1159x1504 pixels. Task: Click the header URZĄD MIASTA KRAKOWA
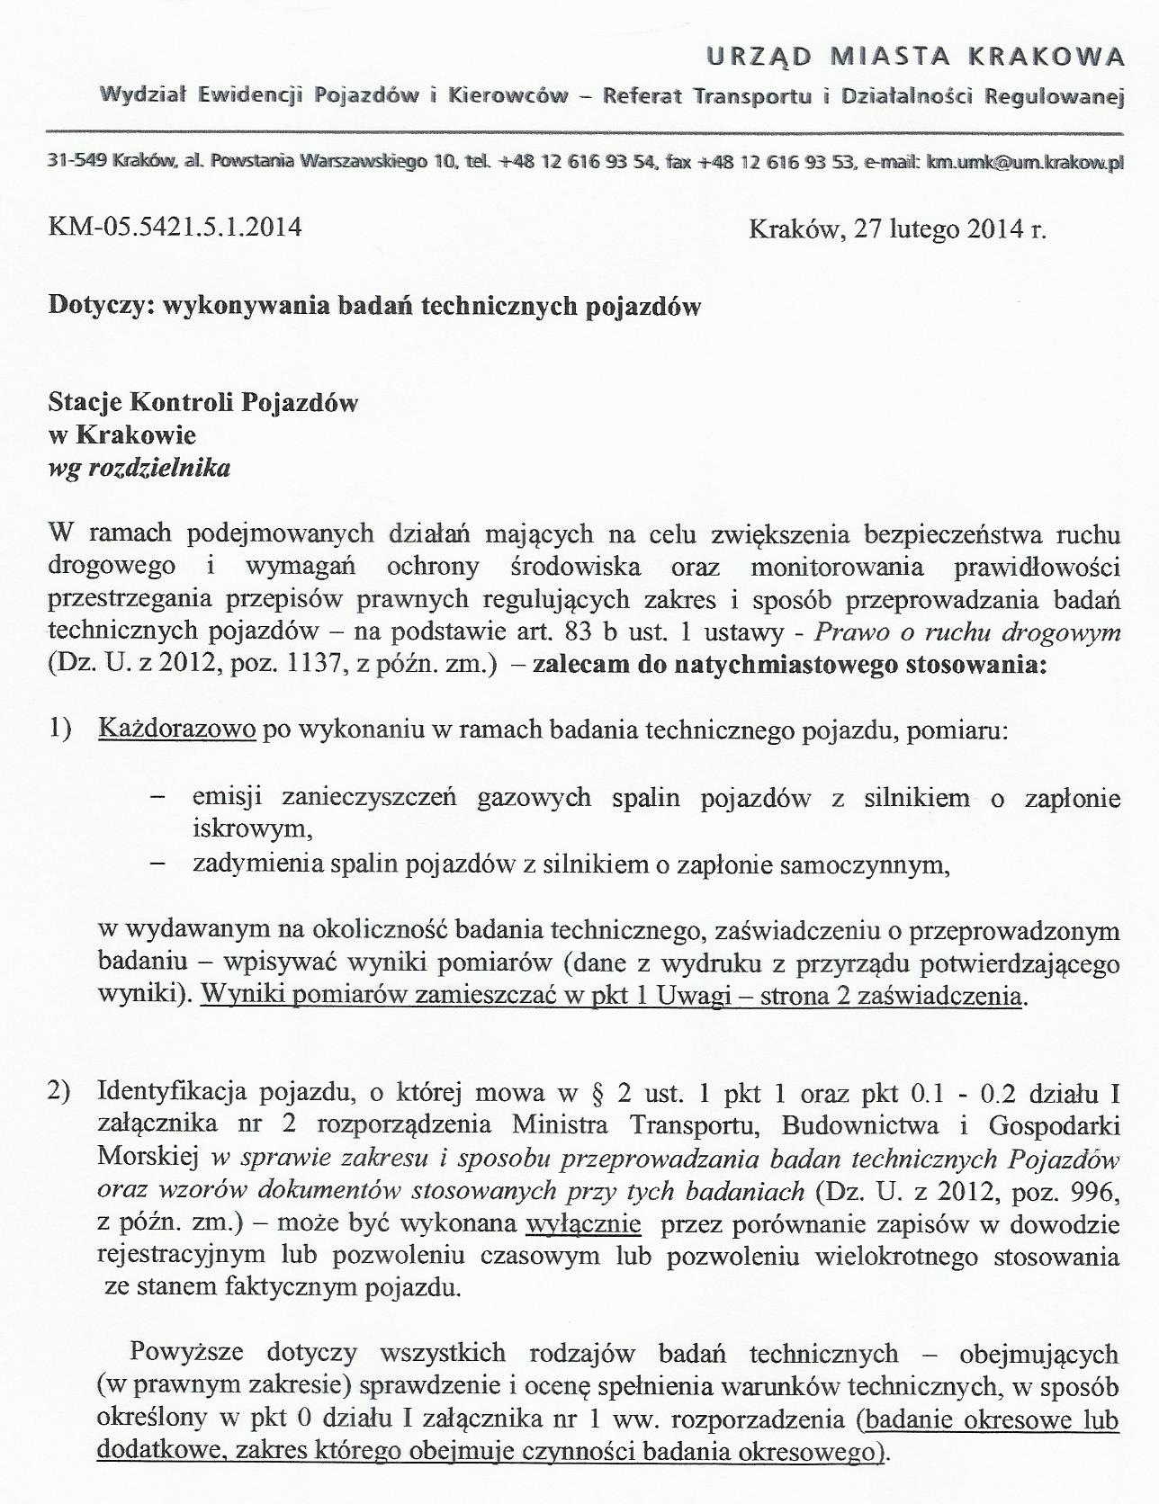point(915,58)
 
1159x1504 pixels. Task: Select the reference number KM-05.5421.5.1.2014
point(175,227)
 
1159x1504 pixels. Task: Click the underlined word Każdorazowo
point(177,730)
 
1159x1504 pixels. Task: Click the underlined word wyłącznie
point(583,1223)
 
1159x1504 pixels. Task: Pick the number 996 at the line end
point(1098,1192)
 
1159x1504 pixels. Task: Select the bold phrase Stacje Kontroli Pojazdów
point(203,402)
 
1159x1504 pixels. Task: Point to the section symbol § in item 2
point(593,1094)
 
